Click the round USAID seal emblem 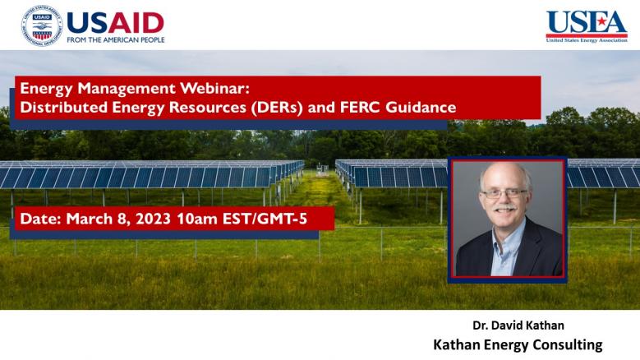click(42, 25)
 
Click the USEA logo click(587, 26)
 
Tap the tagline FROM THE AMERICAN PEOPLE click(116, 40)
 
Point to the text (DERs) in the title click(277, 108)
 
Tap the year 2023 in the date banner click(153, 219)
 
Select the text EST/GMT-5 click(265, 219)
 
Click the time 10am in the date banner click(196, 219)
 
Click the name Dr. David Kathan click(518, 325)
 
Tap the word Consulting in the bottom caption click(568, 345)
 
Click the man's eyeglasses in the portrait click(504, 194)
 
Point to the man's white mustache click(505, 208)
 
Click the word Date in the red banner click(40, 219)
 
